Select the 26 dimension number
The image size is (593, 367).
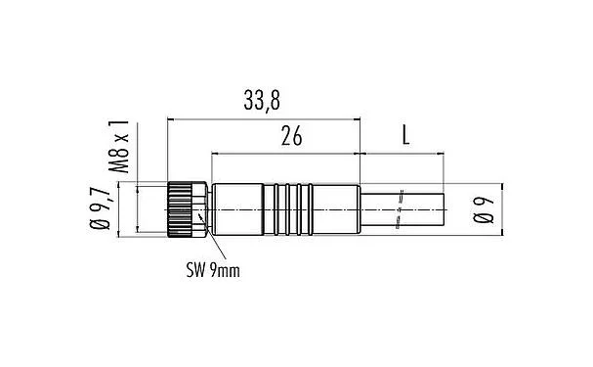coord(290,138)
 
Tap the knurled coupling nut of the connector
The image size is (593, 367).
coord(180,207)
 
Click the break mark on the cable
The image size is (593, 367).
coord(401,208)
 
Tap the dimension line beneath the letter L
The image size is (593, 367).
coord(402,154)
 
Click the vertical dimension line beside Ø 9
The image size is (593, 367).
coord(500,208)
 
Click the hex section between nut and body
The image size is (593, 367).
coord(202,207)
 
